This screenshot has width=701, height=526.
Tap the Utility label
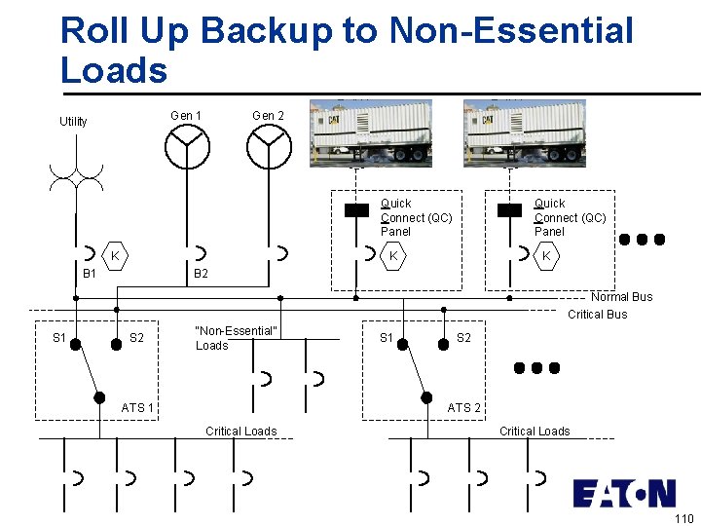(x=73, y=122)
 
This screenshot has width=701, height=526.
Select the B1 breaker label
(x=90, y=275)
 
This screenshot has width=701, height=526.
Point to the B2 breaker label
(x=201, y=275)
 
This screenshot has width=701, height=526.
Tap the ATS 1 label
(x=137, y=407)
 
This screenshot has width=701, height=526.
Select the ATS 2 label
(x=463, y=408)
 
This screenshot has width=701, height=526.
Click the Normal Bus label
(x=621, y=297)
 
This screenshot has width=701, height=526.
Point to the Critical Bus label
(x=598, y=314)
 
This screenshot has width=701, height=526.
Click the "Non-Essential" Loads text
(x=237, y=338)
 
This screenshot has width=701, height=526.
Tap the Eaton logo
(x=623, y=493)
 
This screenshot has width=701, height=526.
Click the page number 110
(x=683, y=518)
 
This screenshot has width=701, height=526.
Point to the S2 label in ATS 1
(x=137, y=339)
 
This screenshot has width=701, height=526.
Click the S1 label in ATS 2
(x=386, y=338)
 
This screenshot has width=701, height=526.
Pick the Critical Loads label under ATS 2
(x=535, y=431)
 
